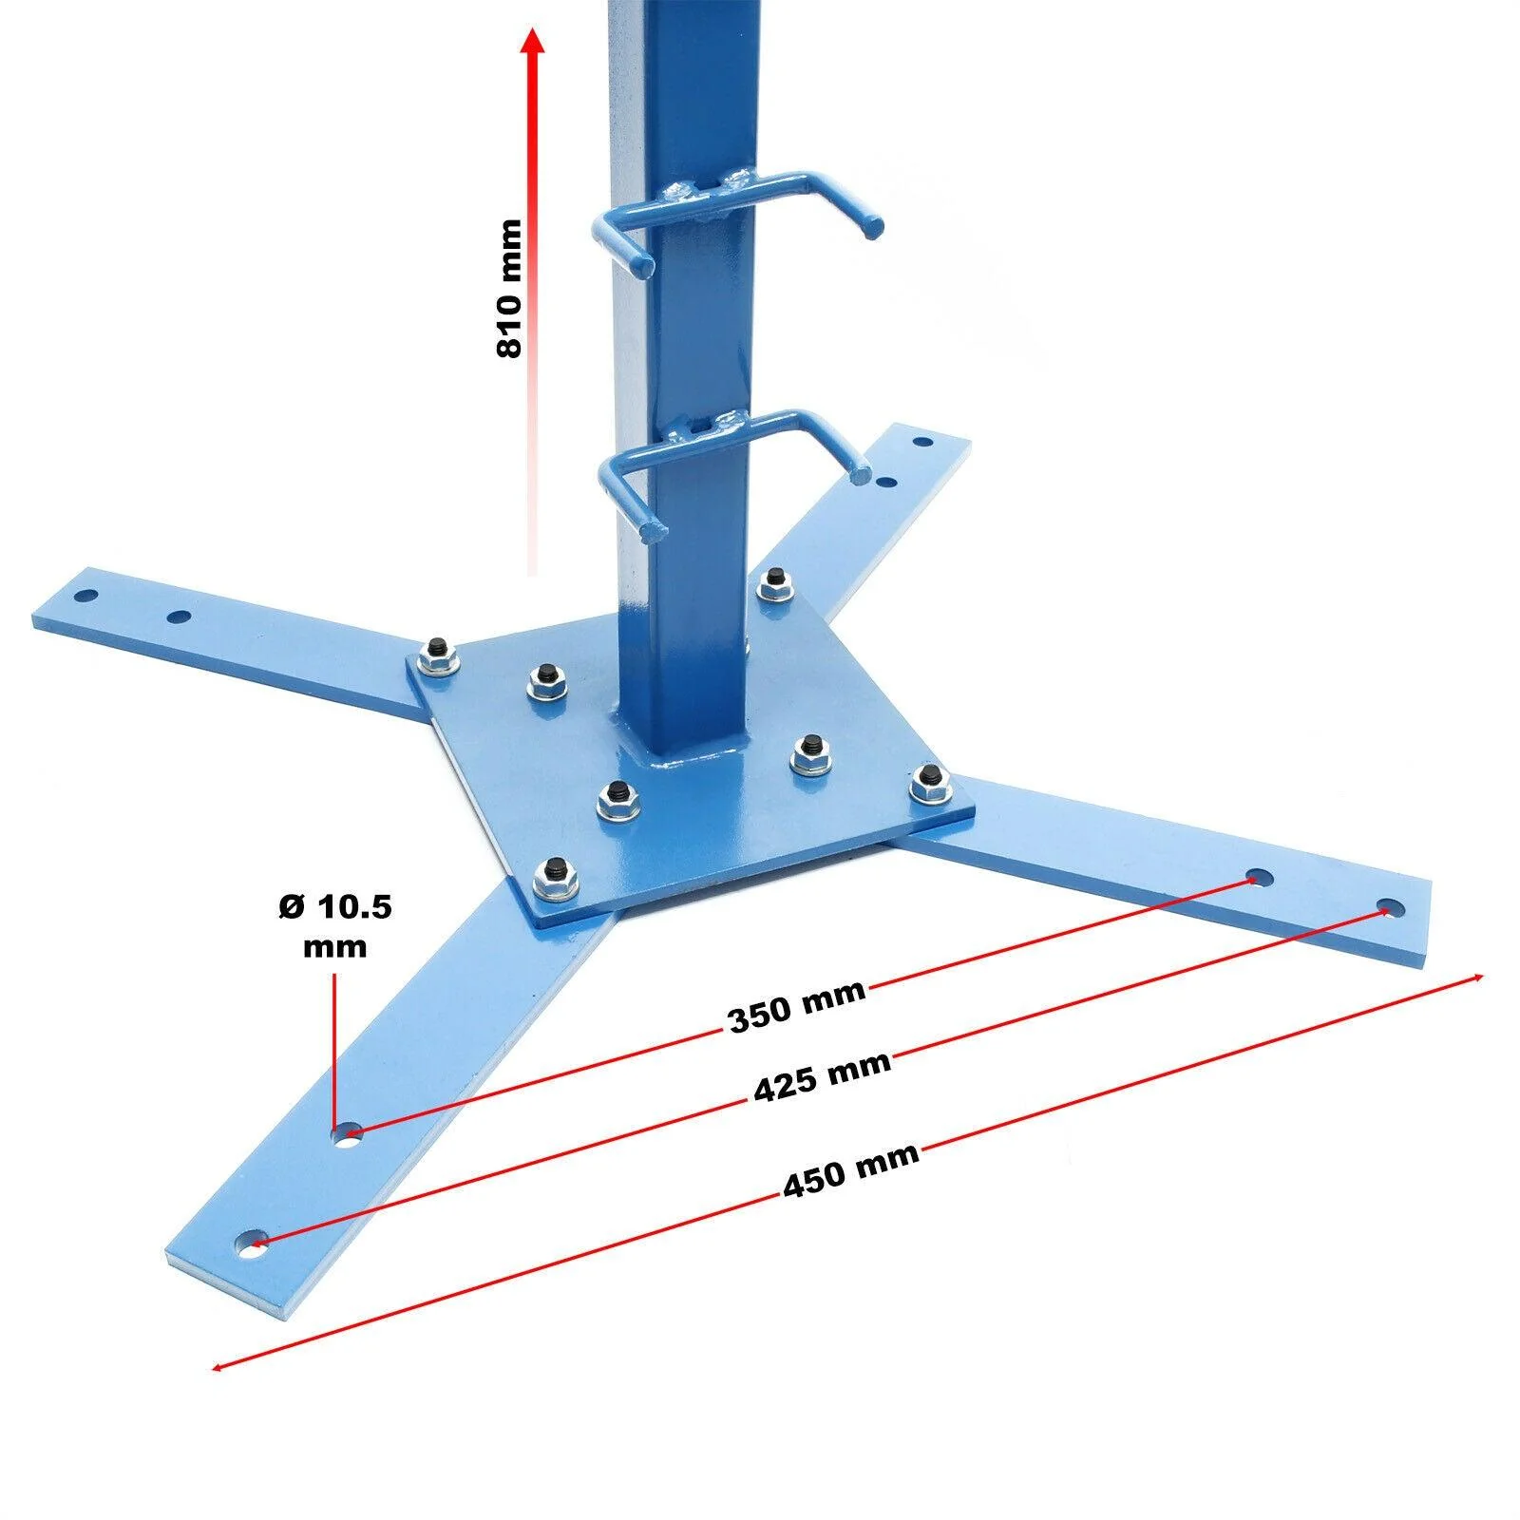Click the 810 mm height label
[x=509, y=288]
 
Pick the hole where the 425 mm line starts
[x=252, y=1242]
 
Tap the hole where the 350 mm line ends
[x=1260, y=876]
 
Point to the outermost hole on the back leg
[x=921, y=442]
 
